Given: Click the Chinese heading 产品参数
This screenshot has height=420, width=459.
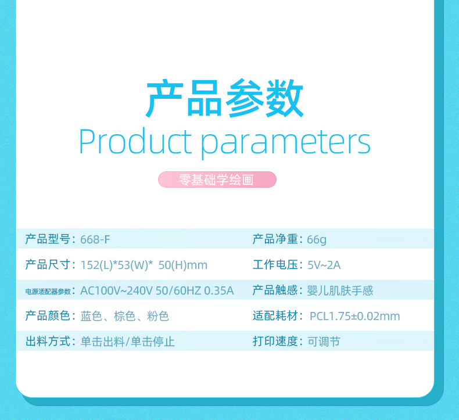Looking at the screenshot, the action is [224, 98].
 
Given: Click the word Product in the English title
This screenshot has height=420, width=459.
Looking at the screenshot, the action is [135, 141].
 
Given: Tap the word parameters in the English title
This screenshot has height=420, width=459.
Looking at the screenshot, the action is [286, 143].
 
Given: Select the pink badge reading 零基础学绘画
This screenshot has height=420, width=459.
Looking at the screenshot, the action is [217, 180].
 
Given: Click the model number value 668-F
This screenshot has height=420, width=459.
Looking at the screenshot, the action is [95, 239].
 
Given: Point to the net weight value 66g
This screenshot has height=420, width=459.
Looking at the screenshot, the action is [317, 240].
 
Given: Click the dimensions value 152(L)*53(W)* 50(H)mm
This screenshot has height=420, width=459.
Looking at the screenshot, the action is [144, 265].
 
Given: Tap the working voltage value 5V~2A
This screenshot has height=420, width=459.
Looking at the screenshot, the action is [324, 265].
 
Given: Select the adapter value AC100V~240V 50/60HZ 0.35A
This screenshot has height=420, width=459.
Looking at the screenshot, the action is [157, 290].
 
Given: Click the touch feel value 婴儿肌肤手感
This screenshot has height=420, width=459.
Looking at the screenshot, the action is [340, 290].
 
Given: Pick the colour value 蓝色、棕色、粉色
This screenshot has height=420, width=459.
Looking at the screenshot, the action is [125, 316].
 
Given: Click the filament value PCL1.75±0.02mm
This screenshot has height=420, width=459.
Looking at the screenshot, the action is [354, 316].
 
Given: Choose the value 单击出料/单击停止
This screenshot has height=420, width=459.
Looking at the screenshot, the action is [128, 342].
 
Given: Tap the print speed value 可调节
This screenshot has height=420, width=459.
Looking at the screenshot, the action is [324, 342].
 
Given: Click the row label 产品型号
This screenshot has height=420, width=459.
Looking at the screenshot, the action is [48, 239].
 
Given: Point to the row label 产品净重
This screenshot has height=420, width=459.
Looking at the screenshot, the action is [275, 239].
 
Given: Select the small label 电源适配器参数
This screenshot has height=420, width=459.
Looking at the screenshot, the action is [48, 292].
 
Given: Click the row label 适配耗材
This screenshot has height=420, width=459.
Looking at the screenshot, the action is [275, 316].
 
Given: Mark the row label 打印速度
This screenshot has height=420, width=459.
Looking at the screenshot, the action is [275, 341].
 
